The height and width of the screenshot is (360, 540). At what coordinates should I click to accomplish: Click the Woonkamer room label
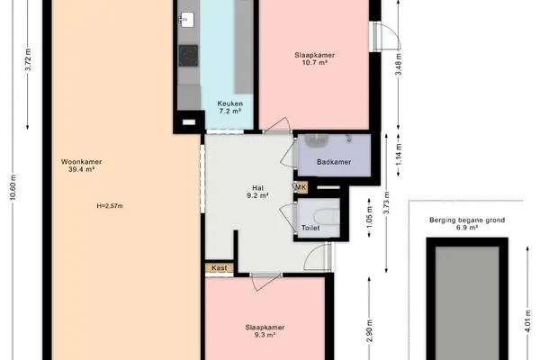(x=81, y=162)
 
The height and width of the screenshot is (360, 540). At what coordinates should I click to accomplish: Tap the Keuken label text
(x=230, y=103)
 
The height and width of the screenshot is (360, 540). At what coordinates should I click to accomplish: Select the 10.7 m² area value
(x=314, y=62)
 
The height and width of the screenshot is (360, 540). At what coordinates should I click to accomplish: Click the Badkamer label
(x=334, y=162)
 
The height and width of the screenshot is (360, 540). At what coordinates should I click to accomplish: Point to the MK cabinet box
(x=301, y=187)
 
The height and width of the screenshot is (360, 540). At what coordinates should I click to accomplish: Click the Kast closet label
(x=220, y=267)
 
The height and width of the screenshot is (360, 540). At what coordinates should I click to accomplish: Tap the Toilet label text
(x=310, y=228)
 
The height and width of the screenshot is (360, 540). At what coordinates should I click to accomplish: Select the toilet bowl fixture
(x=327, y=218)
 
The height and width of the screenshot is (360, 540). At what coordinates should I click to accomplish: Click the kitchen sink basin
(x=186, y=19)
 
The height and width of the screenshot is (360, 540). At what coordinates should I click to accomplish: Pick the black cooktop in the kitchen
(x=188, y=56)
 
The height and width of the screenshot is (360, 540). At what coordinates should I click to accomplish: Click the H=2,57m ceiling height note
(x=110, y=206)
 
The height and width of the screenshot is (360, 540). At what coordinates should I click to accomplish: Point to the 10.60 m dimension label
(x=13, y=187)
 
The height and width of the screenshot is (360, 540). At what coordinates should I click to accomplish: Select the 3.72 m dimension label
(x=28, y=59)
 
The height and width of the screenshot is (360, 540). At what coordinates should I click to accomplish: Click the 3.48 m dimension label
(x=399, y=64)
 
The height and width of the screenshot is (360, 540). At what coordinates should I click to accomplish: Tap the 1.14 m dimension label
(x=399, y=154)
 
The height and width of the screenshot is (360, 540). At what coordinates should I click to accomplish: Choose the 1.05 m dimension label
(x=370, y=217)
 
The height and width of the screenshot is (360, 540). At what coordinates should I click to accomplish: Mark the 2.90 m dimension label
(x=370, y=331)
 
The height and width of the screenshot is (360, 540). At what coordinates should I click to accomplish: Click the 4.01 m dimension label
(x=528, y=321)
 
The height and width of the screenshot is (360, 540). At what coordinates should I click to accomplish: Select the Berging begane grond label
(x=467, y=220)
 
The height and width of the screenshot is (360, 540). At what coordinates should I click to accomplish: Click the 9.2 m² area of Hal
(x=257, y=195)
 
